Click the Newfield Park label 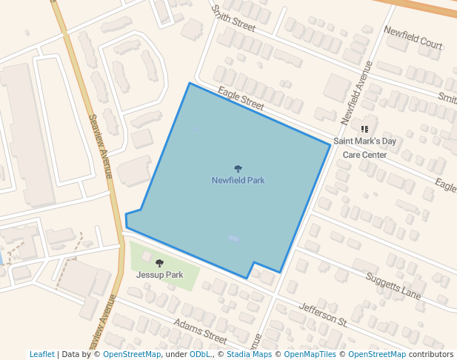pyautogui.click(x=238, y=180)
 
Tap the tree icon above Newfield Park pyautogui.click(x=238, y=169)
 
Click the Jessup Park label pyautogui.click(x=159, y=275)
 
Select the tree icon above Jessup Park pyautogui.click(x=159, y=263)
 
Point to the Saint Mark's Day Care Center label pyautogui.click(x=364, y=147)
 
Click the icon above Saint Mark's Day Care pyautogui.click(x=364, y=129)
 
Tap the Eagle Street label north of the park pyautogui.click(x=241, y=99)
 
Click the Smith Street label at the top pyautogui.click(x=233, y=19)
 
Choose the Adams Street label pyautogui.click(x=199, y=331)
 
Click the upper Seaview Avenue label pyautogui.click(x=99, y=145)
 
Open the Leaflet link pyautogui.click(x=41, y=355)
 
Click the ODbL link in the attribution pyautogui.click(x=199, y=355)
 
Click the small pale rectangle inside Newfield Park pyautogui.click(x=234, y=239)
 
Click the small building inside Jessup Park pyautogui.click(x=147, y=256)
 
